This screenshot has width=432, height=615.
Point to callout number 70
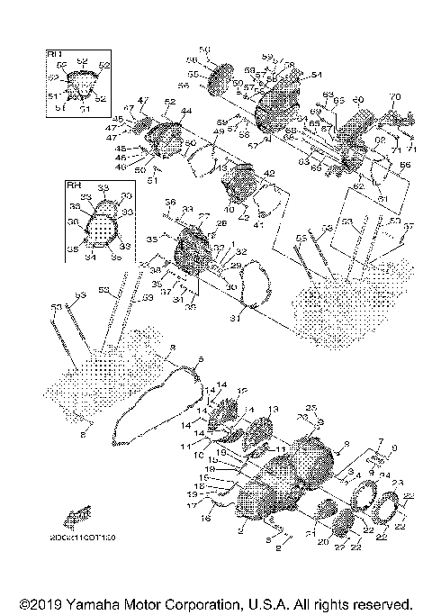click(x=393, y=96)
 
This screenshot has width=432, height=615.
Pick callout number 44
click(x=186, y=111)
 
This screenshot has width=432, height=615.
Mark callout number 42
click(x=268, y=173)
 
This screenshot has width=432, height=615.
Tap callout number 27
click(x=203, y=215)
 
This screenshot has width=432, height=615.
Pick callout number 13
click(x=274, y=409)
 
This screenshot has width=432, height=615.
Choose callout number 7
click(x=381, y=441)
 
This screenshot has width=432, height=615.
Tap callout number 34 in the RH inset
click(x=88, y=257)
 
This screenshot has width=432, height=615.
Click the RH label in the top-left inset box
click(x=53, y=55)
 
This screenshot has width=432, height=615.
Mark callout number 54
click(x=316, y=75)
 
